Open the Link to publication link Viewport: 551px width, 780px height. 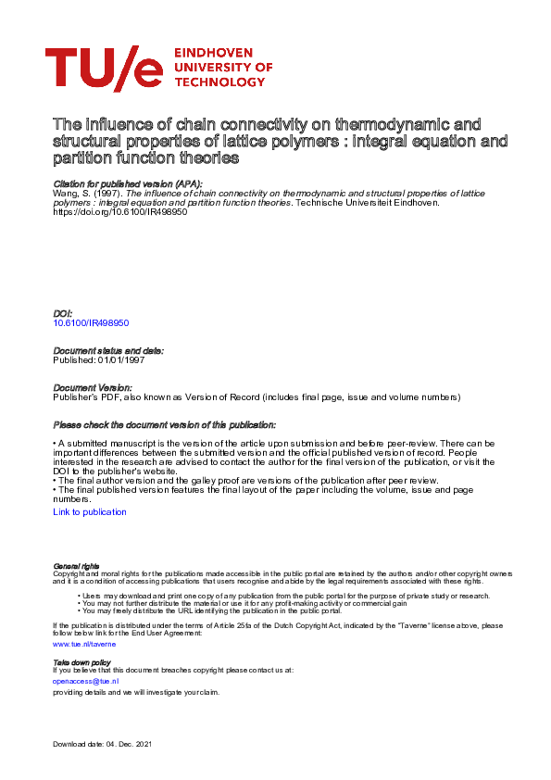[x=90, y=511]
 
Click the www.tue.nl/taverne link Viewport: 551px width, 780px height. [x=84, y=642]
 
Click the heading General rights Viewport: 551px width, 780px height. [x=76, y=565]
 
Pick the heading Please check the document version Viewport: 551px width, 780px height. [x=162, y=424]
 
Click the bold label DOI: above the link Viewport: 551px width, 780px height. [x=62, y=315]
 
